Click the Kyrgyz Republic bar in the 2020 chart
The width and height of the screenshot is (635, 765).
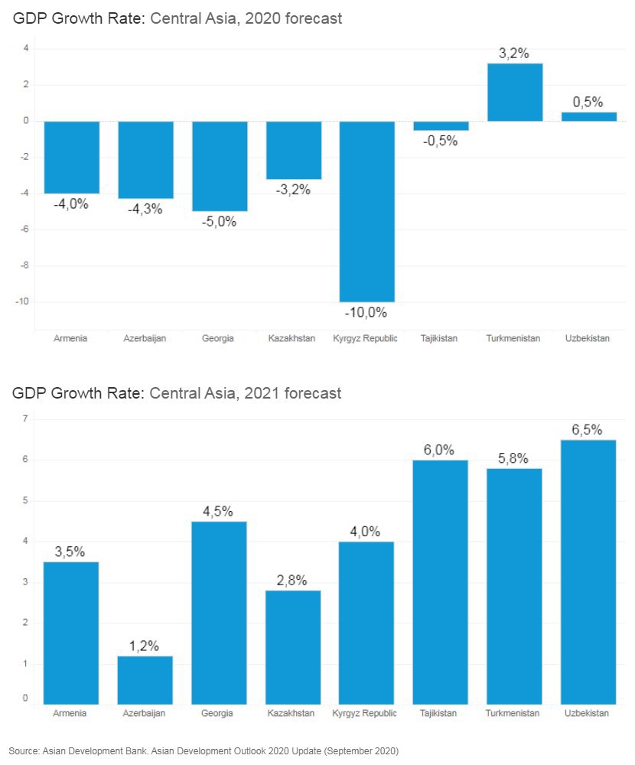(367, 211)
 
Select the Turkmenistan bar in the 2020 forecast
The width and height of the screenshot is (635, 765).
(515, 92)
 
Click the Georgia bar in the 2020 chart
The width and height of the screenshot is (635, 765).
(220, 165)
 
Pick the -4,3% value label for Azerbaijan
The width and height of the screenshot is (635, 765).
(145, 209)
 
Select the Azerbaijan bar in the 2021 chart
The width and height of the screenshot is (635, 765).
(145, 679)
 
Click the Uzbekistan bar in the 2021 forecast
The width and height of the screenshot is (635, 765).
(588, 571)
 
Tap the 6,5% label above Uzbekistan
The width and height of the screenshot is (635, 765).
(588, 430)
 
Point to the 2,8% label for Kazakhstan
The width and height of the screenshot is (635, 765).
(293, 581)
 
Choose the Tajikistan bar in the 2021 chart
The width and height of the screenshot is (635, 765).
(440, 581)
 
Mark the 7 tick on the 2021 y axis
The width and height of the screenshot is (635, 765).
(25, 419)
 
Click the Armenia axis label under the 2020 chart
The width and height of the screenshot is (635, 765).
(70, 338)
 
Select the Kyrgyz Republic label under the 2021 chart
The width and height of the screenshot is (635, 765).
(366, 714)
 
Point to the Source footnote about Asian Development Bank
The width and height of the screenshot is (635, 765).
(204, 750)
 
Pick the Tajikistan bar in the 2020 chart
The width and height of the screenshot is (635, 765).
(441, 126)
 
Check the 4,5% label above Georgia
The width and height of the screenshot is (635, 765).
(219, 512)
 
